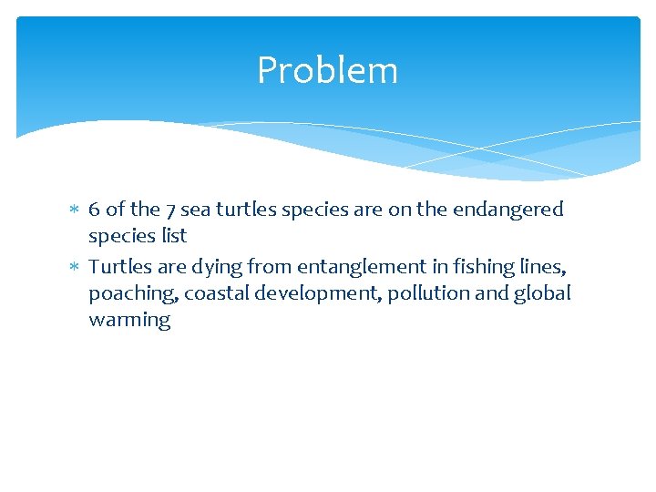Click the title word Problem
[x=327, y=70]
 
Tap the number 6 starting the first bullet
[x=95, y=210]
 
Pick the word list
[x=172, y=236]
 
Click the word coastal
[x=201, y=293]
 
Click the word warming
[x=129, y=321]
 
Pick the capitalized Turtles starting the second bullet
[x=117, y=267]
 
